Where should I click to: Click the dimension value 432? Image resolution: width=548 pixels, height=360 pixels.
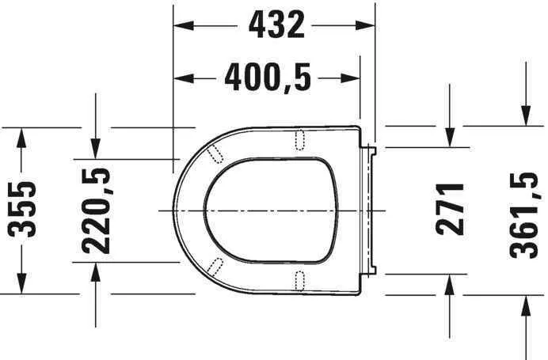[276, 25]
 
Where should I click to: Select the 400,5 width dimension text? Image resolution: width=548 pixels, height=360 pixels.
[268, 78]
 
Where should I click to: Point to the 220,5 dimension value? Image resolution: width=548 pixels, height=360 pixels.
[96, 210]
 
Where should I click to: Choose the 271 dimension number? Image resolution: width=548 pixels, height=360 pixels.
[450, 209]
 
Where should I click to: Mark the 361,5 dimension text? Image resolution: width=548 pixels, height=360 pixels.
[525, 210]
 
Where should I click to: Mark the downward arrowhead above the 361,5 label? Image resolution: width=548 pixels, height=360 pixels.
[525, 116]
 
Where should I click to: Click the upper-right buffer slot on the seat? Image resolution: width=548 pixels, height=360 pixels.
[300, 139]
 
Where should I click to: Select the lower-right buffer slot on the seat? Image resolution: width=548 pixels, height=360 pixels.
[300, 279]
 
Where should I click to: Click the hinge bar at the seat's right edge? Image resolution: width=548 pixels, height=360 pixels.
[368, 210]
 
